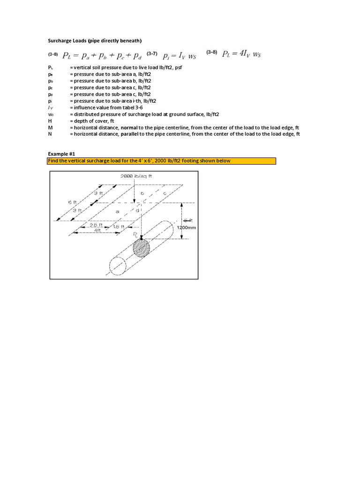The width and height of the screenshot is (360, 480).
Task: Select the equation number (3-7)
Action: click(x=152, y=54)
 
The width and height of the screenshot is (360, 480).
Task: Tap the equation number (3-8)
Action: click(x=212, y=52)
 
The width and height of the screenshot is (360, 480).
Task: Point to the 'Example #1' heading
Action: click(x=61, y=154)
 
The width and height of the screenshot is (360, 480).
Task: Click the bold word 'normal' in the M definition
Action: click(x=129, y=127)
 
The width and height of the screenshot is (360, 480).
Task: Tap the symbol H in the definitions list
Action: click(x=50, y=121)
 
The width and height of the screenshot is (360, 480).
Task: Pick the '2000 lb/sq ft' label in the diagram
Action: click(x=136, y=176)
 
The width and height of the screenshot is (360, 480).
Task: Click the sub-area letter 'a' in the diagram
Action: click(x=117, y=212)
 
